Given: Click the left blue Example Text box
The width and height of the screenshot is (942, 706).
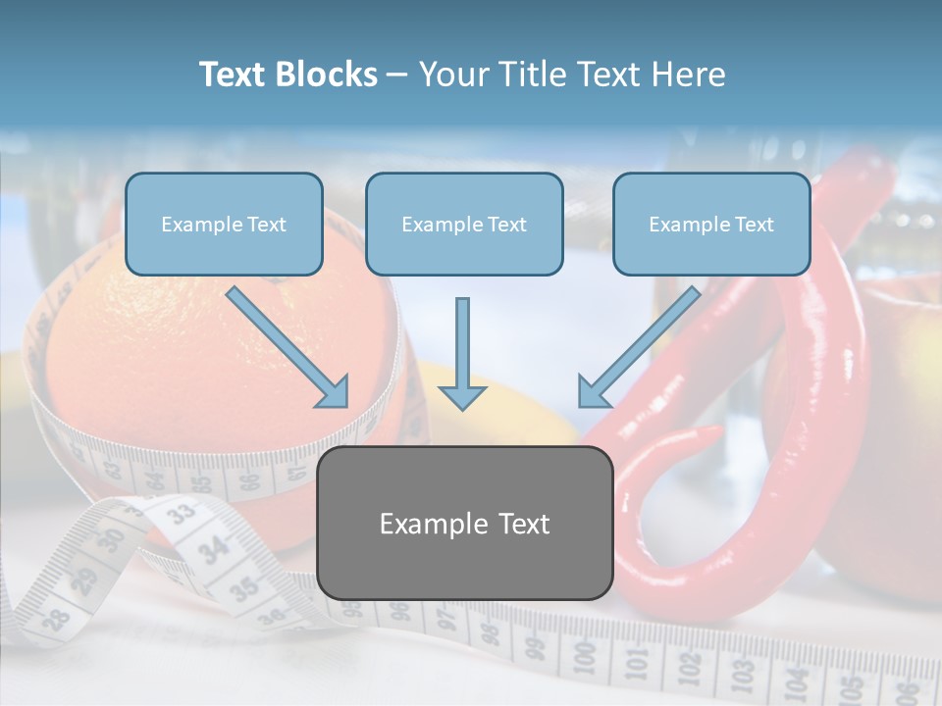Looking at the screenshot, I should (224, 225).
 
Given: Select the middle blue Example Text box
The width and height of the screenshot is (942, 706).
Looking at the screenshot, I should (464, 225).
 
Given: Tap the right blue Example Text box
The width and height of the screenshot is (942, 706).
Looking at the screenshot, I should (711, 225).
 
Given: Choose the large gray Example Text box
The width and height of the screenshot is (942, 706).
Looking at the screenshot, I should (464, 524).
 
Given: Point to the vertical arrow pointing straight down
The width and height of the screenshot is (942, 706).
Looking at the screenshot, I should (462, 354).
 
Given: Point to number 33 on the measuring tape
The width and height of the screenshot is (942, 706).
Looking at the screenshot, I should (181, 511).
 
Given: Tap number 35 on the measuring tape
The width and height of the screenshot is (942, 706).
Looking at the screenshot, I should (244, 588).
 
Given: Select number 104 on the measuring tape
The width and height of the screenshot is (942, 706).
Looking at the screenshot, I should (797, 676).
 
